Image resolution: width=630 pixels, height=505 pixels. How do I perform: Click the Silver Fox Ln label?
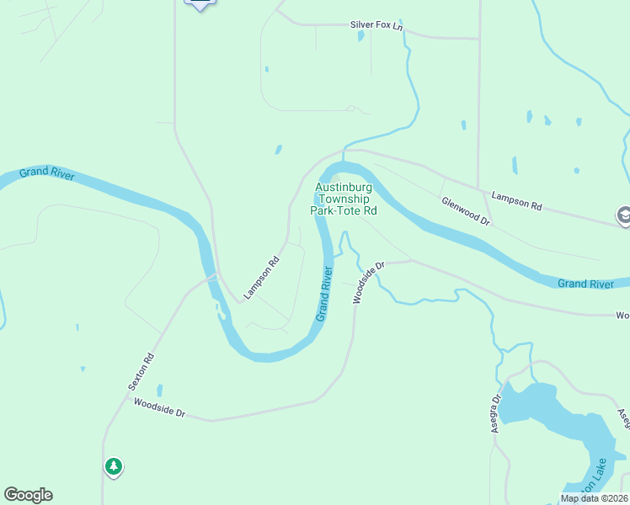[376, 25]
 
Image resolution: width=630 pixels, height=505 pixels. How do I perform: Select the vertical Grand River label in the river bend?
[324, 293]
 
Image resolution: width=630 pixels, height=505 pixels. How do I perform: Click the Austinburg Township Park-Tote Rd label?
[345, 199]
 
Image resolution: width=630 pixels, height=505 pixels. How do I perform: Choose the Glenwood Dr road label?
[466, 210]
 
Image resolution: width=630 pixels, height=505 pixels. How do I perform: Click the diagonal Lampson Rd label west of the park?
[261, 278]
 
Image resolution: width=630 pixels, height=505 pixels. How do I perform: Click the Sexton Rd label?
[141, 371]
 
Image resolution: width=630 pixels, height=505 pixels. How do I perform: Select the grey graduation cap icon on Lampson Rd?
[623, 215]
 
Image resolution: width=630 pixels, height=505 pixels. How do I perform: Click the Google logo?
[28, 495]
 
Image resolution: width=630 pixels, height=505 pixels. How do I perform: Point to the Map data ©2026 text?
[594, 498]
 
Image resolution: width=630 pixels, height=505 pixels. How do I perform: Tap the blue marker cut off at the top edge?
[200, 3]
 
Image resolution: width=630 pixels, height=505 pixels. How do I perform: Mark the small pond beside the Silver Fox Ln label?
[360, 36]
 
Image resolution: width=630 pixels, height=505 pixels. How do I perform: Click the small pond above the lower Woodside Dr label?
[159, 391]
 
